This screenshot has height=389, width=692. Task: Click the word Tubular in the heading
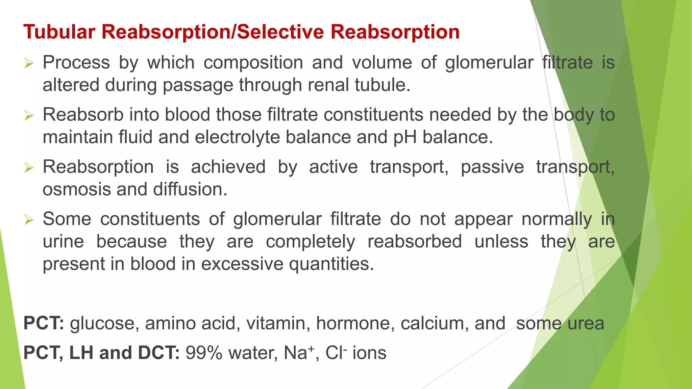click(x=59, y=32)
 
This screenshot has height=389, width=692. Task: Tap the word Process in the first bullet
click(x=76, y=63)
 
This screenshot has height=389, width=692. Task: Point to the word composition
click(x=253, y=63)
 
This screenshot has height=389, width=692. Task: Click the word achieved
click(x=228, y=167)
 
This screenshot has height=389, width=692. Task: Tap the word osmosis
click(x=76, y=189)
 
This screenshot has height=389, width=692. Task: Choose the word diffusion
click(x=190, y=189)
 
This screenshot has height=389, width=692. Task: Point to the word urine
click(x=63, y=242)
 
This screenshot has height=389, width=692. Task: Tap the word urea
click(x=586, y=323)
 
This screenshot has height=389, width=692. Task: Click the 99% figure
click(x=204, y=353)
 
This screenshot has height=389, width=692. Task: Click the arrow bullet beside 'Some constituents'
click(x=29, y=220)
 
